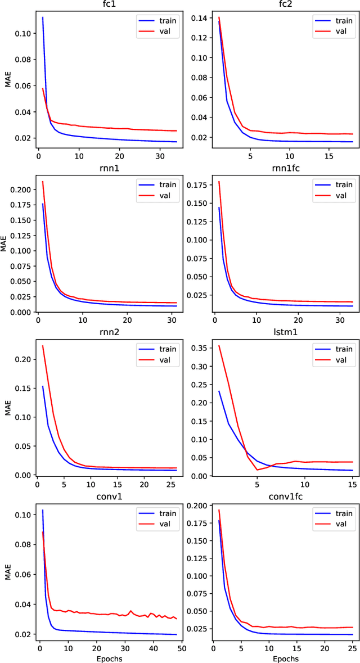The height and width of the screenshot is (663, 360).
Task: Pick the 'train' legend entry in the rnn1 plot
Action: coord(165,184)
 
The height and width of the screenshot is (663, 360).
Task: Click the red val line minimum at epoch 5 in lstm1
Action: coord(257,470)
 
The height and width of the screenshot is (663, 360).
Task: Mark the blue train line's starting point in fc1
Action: coord(43,17)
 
